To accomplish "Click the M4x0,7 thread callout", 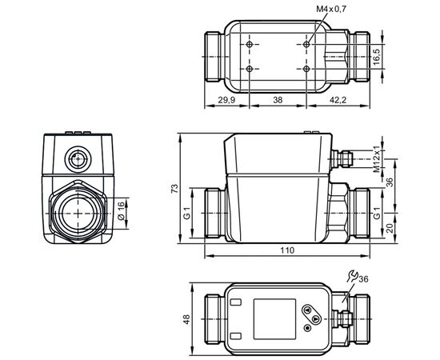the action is click(x=331, y=10).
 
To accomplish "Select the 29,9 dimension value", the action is click(x=226, y=100).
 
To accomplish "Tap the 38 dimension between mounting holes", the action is click(x=278, y=100).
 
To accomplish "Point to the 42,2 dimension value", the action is click(x=338, y=100).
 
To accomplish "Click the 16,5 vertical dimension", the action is click(x=377, y=57).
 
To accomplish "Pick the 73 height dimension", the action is click(x=174, y=188).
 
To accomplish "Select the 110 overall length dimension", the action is click(x=287, y=250).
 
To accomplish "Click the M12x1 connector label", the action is click(x=377, y=159).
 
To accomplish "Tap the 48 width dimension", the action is click(x=186, y=319).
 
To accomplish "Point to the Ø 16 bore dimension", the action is click(x=120, y=210).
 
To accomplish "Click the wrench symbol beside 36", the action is click(x=352, y=276).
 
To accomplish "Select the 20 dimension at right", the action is click(x=390, y=228).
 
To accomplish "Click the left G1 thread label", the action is click(x=186, y=213).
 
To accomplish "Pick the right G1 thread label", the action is click(x=377, y=213).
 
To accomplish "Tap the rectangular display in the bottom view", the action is click(x=274, y=319).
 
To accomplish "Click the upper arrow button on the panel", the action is click(x=308, y=310).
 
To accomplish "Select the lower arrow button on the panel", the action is click(x=316, y=318).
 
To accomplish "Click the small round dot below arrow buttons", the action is click(x=308, y=328).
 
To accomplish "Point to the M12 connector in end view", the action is click(x=78, y=159).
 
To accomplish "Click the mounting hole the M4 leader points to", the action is click(x=306, y=44).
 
